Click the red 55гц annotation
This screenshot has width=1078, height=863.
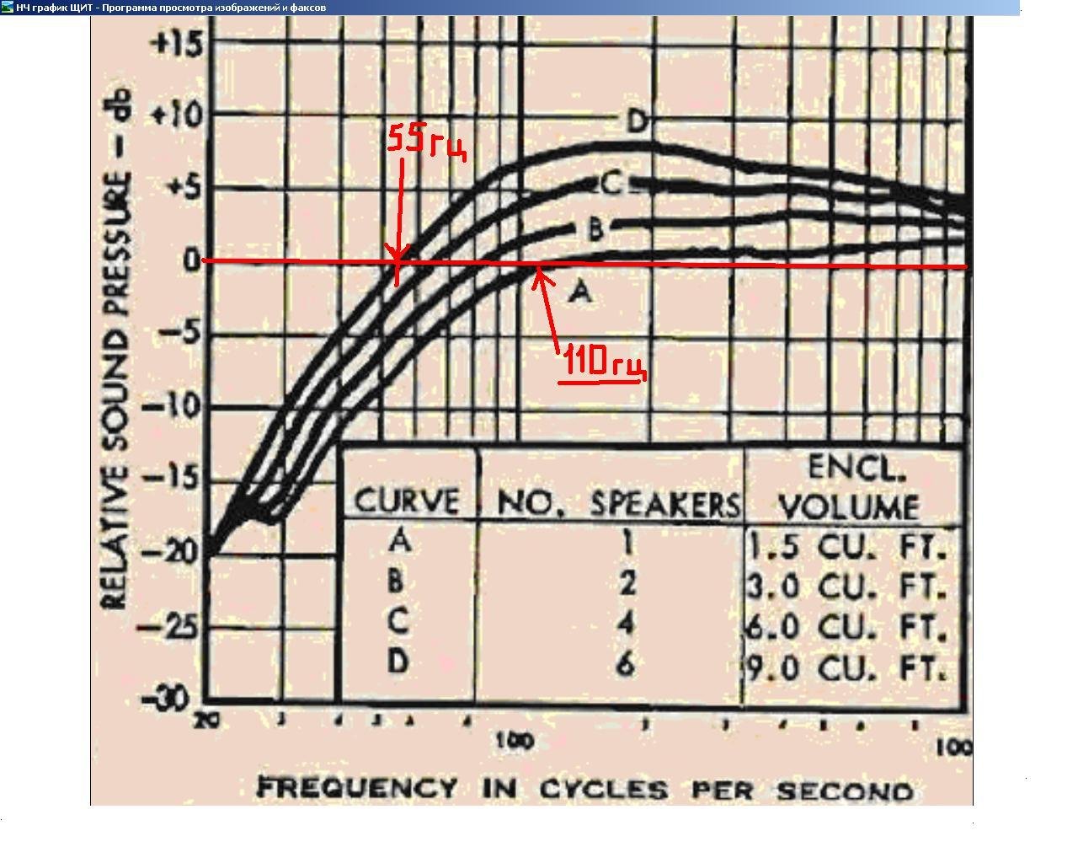[426, 141]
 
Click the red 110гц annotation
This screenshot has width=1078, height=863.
[603, 363]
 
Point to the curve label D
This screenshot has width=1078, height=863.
[638, 123]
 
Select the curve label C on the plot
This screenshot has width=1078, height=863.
[611, 184]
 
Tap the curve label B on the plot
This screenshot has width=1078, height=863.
[595, 228]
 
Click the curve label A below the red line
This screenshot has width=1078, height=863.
[580, 292]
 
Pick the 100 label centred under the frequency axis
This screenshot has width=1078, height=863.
[515, 741]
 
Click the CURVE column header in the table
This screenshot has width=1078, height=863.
[408, 501]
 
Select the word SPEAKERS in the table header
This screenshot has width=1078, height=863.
[664, 503]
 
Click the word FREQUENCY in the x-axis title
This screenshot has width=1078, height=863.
[357, 789]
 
